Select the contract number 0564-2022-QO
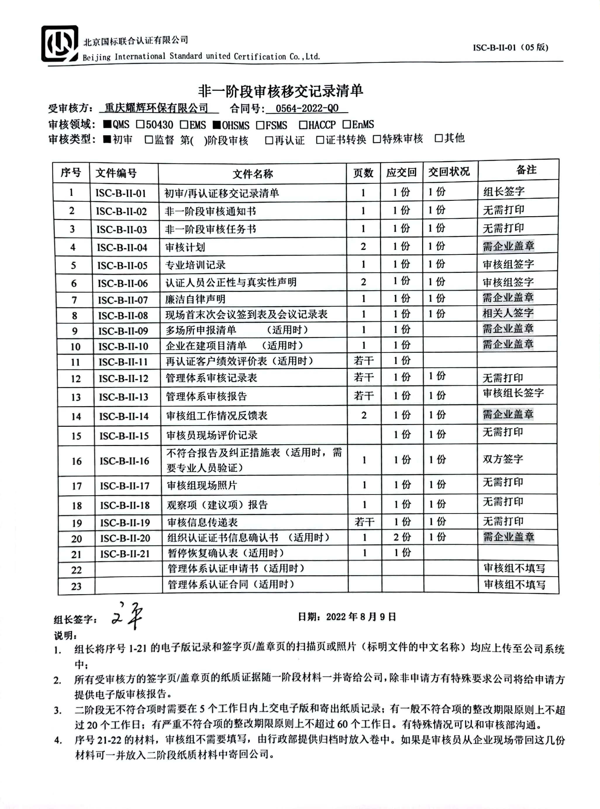[x=307, y=108]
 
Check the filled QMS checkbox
[x=107, y=125]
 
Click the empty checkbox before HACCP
[x=303, y=125]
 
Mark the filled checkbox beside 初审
[x=107, y=139]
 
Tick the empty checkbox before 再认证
[x=269, y=140]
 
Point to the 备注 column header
[x=526, y=170]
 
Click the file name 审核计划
[x=185, y=247]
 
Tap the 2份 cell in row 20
[x=402, y=537]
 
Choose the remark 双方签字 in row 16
[x=503, y=459]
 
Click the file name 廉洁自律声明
[x=195, y=299]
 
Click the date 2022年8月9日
[x=361, y=617]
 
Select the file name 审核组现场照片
[x=202, y=485]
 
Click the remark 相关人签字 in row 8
[x=508, y=313]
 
